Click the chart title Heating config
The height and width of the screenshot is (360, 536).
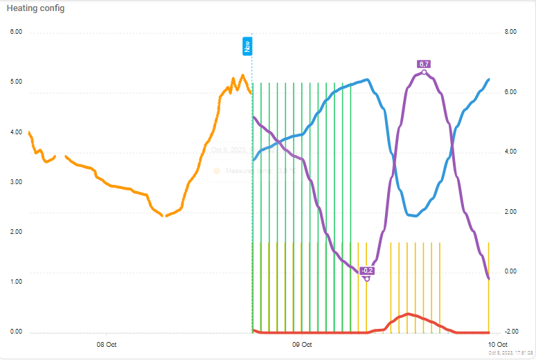click(x=35, y=8)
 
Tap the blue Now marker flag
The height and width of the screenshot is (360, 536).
click(x=247, y=46)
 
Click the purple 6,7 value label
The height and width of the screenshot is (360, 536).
click(x=425, y=64)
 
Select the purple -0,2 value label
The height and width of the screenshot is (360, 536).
click(x=367, y=270)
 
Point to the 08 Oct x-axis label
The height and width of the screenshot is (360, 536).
click(x=106, y=344)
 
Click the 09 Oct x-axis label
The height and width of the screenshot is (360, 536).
click(x=302, y=344)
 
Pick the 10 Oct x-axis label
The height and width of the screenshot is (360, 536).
click(x=498, y=344)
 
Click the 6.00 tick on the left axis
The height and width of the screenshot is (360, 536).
click(x=16, y=32)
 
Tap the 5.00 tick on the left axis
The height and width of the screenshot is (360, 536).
click(x=16, y=82)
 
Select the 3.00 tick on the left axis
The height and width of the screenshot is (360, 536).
click(x=16, y=182)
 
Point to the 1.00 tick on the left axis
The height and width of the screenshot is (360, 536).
click(x=16, y=282)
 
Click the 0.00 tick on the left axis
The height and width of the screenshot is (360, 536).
click(x=16, y=332)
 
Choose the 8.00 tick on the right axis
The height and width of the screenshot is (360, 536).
click(x=510, y=32)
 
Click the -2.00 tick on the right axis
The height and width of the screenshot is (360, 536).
click(x=510, y=331)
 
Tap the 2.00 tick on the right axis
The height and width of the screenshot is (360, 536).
click(x=510, y=212)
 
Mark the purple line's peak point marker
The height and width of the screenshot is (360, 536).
click(x=425, y=73)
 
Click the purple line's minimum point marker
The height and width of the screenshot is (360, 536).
click(x=367, y=278)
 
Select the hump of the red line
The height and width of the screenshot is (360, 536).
click(x=409, y=314)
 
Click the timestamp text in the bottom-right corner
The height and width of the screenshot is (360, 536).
click(x=510, y=353)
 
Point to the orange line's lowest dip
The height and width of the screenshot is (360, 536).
click(x=163, y=216)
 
